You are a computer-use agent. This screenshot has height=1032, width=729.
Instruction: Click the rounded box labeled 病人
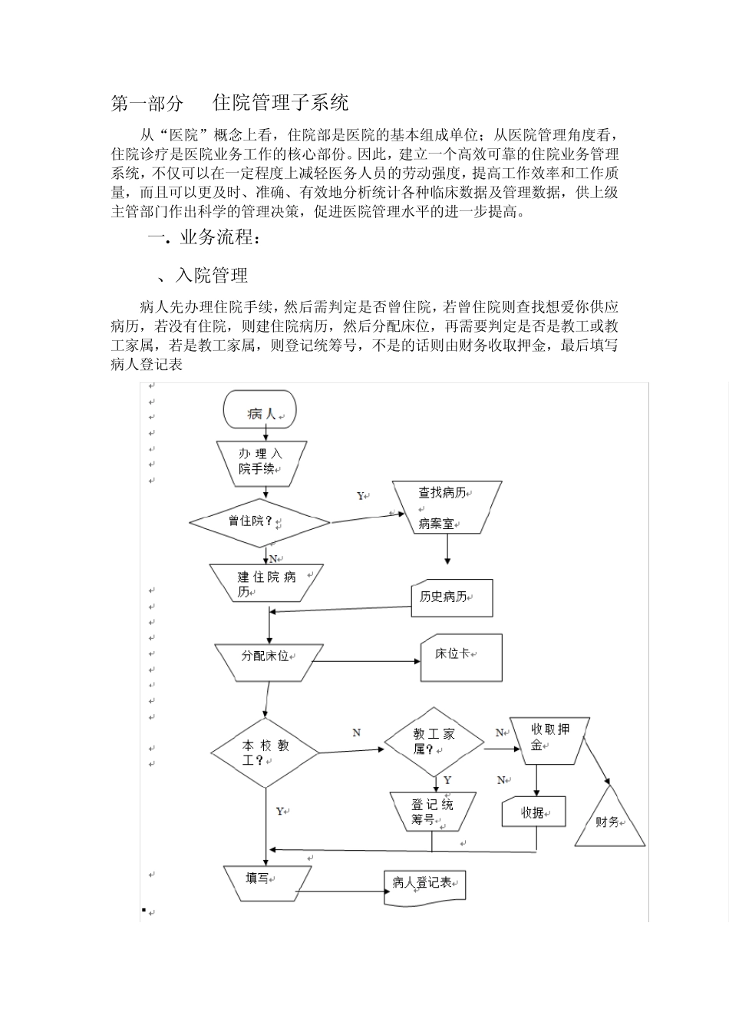click(x=260, y=412)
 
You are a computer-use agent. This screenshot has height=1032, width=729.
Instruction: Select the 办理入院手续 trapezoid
click(x=261, y=462)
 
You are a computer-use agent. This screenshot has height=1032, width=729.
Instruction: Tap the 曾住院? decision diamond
click(x=259, y=522)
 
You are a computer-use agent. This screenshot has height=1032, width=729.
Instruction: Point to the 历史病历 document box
click(x=452, y=598)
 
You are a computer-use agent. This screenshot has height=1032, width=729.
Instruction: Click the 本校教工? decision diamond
click(x=265, y=753)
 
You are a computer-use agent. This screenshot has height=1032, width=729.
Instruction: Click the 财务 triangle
click(x=610, y=820)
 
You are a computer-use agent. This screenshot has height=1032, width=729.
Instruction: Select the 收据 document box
click(x=534, y=812)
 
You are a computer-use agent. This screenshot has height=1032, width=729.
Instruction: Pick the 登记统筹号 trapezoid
click(x=432, y=812)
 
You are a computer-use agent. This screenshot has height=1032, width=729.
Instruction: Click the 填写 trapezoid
click(x=267, y=881)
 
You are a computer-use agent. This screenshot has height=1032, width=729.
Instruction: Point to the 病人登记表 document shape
click(x=424, y=886)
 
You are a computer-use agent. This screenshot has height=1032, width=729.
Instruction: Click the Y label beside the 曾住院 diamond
click(x=361, y=497)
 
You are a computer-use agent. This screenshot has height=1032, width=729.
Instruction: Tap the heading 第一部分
click(x=147, y=103)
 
